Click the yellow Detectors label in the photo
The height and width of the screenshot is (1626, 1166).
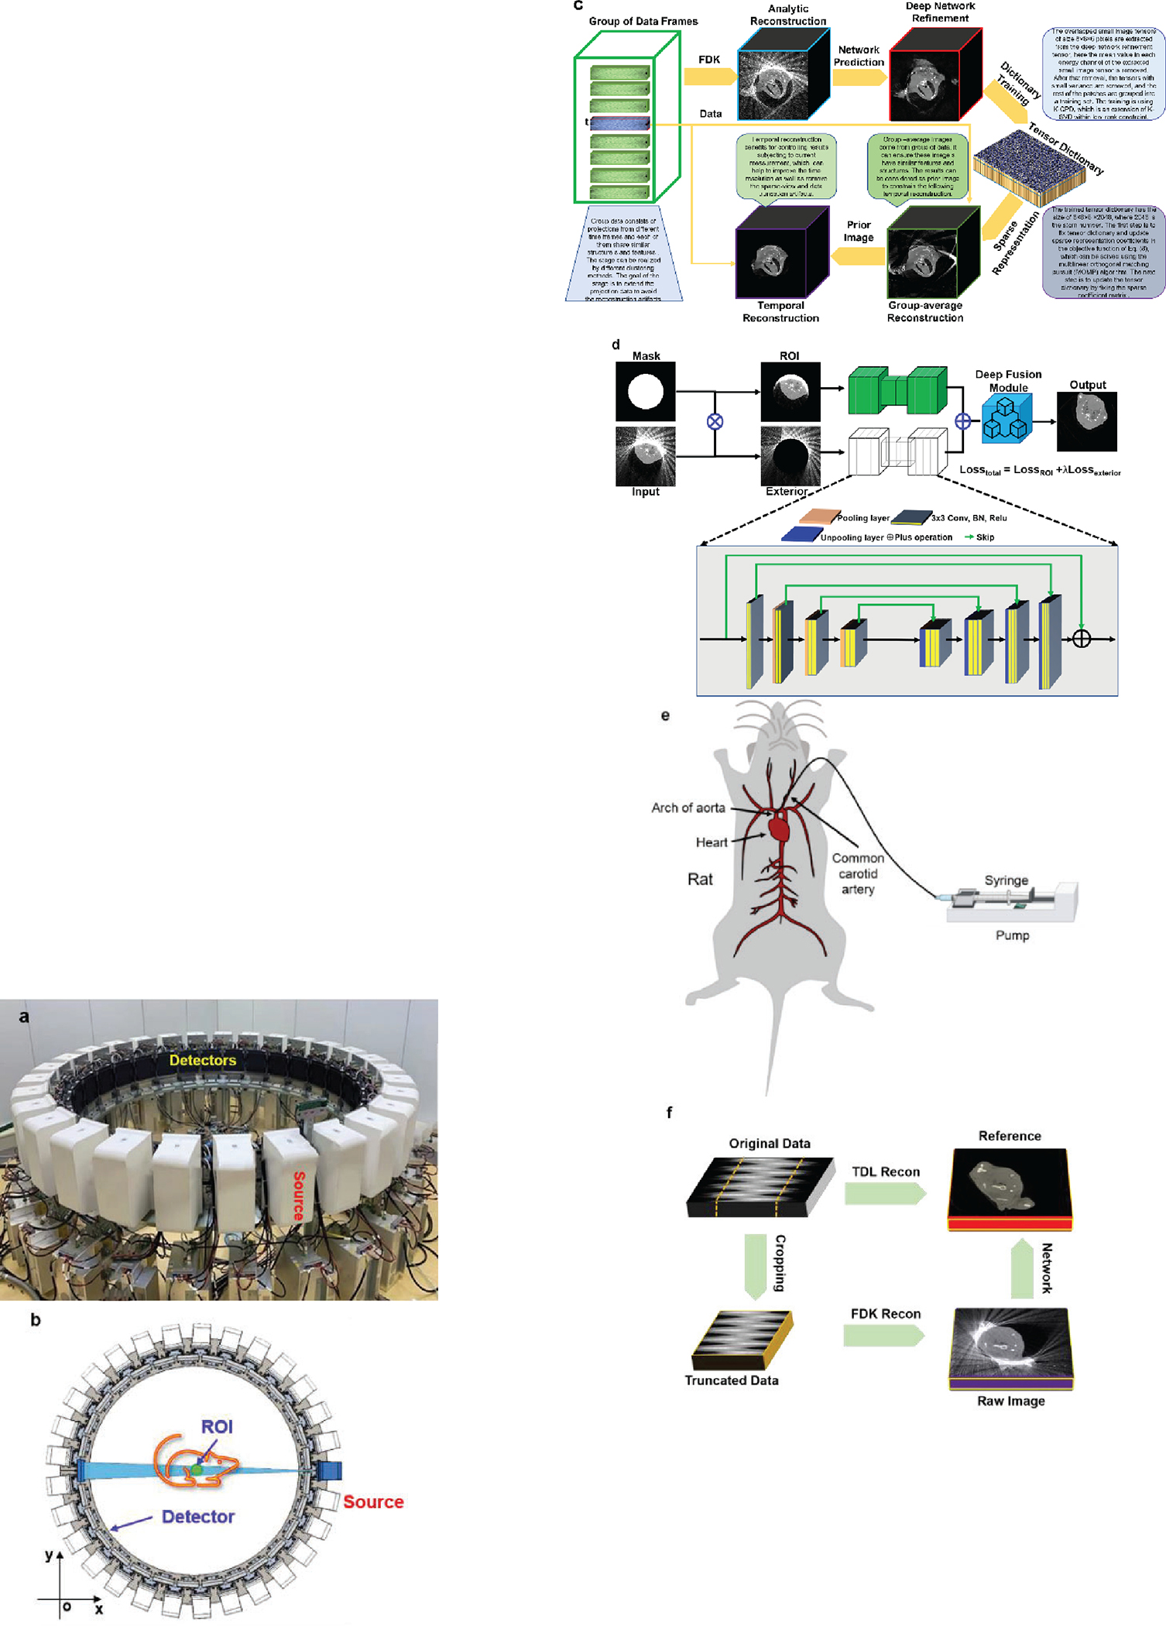coord(202,1060)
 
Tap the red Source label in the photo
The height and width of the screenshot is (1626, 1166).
coord(299,1196)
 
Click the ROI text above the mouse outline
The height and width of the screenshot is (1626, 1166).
coord(217,1426)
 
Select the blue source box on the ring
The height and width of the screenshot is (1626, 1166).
coord(331,1470)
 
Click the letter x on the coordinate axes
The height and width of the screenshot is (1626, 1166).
coord(99,1609)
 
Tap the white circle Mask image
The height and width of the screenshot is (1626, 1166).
coord(645,392)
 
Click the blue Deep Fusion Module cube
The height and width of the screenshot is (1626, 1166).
coord(1007,418)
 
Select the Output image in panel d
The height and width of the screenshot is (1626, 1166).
coord(1086,420)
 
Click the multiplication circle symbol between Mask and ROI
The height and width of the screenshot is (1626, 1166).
coord(715,421)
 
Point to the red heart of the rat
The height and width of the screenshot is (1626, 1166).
coord(779,829)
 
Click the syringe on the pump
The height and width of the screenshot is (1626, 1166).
coord(999,899)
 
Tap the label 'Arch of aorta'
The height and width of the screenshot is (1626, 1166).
coord(688,808)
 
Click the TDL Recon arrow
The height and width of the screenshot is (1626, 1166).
coord(885,1193)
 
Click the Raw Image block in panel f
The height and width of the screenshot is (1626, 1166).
coord(1010,1348)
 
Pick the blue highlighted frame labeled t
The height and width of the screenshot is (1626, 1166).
coord(619,123)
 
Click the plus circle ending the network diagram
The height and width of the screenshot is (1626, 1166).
coord(1081,639)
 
